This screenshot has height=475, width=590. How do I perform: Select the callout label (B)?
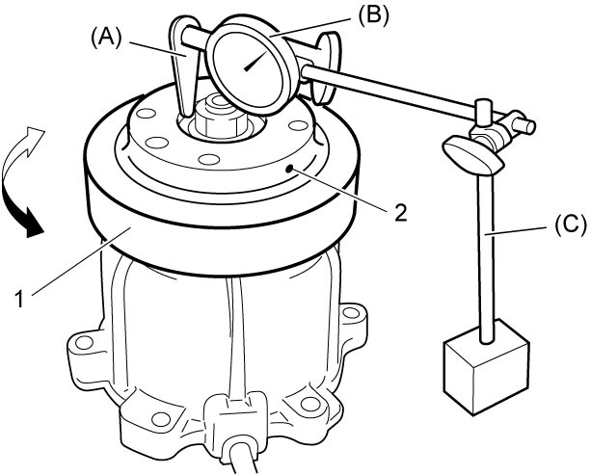pos(373,17)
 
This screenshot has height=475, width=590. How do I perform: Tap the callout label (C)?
pos(571,224)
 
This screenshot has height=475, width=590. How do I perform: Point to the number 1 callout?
pos(19,300)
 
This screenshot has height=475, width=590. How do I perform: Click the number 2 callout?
pos(400,213)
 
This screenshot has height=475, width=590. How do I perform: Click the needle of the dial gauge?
pos(256,61)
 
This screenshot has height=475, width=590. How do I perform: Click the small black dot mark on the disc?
pos(289,169)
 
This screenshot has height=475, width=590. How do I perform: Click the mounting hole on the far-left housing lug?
pos(84,342)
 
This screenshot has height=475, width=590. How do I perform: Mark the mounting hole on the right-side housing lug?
pos(351,313)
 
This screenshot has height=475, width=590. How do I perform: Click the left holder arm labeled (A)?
pos(183,67)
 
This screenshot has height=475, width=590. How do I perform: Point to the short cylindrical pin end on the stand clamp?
pos(523,125)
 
